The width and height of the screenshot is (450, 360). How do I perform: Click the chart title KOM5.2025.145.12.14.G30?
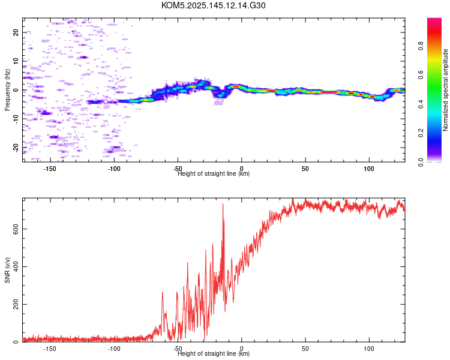(213, 5)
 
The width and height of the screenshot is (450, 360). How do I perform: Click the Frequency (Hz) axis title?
(7, 90)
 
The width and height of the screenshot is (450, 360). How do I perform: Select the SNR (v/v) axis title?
(7, 270)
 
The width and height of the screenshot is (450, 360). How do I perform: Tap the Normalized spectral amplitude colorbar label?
(445, 90)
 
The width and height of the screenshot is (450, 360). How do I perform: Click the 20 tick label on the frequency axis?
(16, 32)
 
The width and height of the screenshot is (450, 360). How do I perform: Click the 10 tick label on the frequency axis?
(16, 61)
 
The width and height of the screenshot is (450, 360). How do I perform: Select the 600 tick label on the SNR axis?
(16, 229)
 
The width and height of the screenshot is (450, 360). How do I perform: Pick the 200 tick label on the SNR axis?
(16, 304)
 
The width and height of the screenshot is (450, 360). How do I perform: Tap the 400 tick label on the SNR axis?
(16, 266)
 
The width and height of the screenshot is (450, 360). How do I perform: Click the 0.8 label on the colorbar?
(421, 46)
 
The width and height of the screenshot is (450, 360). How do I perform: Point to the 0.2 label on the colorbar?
(421, 133)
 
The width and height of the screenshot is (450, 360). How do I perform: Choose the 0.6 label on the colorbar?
(421, 75)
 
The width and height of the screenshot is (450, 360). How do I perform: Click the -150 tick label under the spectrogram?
(50, 169)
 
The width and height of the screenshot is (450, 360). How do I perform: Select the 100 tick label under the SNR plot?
(369, 349)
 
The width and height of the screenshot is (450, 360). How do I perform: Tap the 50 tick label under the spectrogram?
(305, 169)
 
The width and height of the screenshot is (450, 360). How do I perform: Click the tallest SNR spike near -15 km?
(223, 204)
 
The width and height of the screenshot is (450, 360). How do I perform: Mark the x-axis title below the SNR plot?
(214, 353)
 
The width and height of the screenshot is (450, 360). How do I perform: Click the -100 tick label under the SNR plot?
(114, 349)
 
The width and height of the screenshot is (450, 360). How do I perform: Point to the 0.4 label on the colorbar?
(421, 104)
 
